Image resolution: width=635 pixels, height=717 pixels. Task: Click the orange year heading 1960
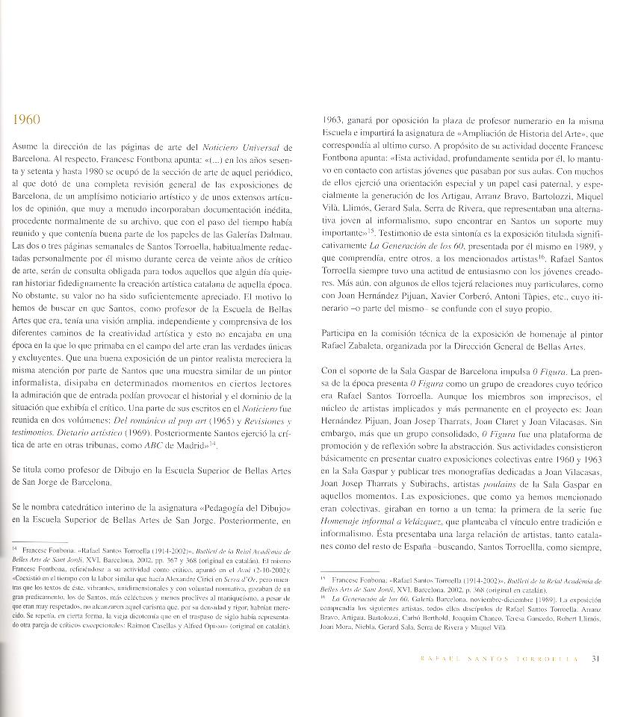pyautogui.click(x=28, y=120)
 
